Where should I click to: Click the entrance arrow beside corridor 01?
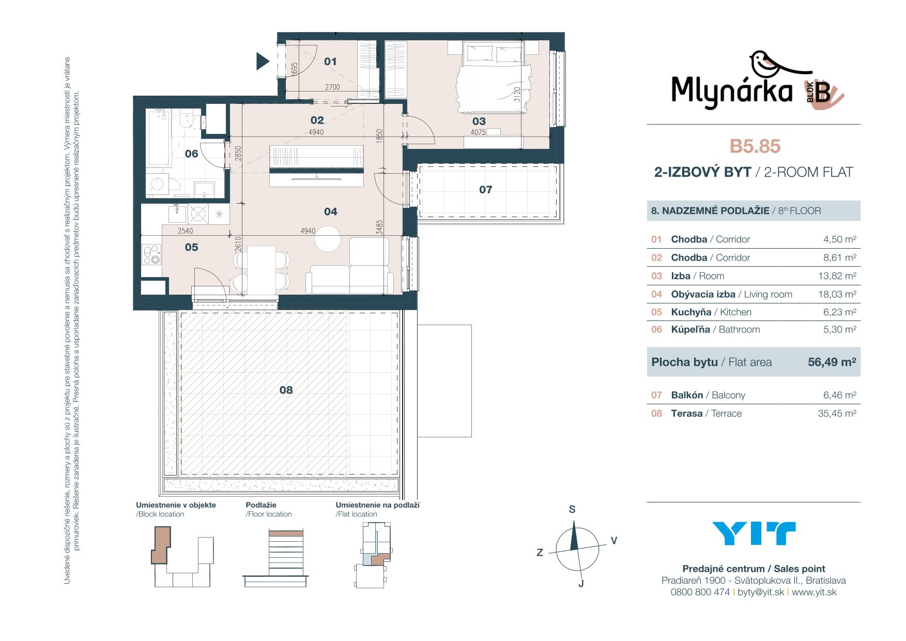[263, 62]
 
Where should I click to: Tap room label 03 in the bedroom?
[479, 121]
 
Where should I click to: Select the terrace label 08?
[286, 390]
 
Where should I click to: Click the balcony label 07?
[486, 190]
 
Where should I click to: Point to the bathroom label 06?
[192, 154]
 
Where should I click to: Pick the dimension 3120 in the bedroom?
[517, 94]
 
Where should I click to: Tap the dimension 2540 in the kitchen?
[185, 231]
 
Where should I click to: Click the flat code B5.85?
[755, 146]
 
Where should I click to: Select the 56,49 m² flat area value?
[832, 362]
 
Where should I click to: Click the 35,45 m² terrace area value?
[837, 413]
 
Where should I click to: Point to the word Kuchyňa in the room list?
[691, 312]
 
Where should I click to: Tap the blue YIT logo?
[754, 533]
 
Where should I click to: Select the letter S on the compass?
[572, 509]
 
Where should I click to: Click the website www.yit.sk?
[814, 592]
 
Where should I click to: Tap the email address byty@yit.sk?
[761, 592]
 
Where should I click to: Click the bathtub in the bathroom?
[159, 138]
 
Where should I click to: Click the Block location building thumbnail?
[182, 557]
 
